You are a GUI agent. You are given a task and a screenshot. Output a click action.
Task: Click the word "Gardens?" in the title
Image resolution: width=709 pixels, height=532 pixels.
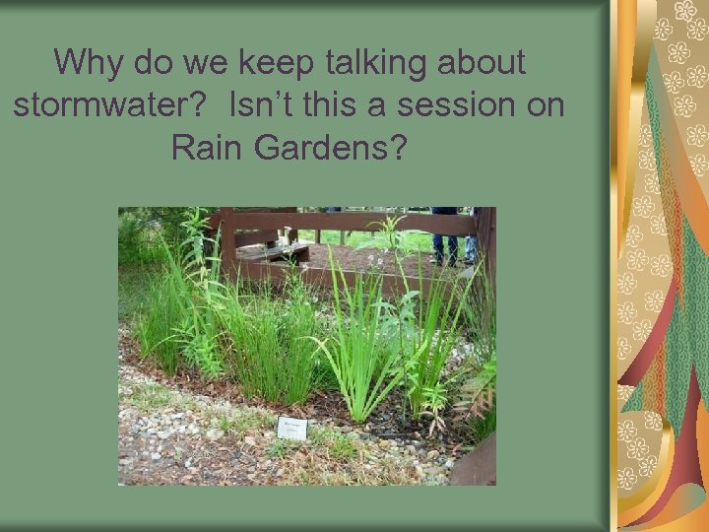pos(335,148)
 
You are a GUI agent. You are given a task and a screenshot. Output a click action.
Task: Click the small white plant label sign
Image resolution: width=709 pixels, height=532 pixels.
pos(292,427)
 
